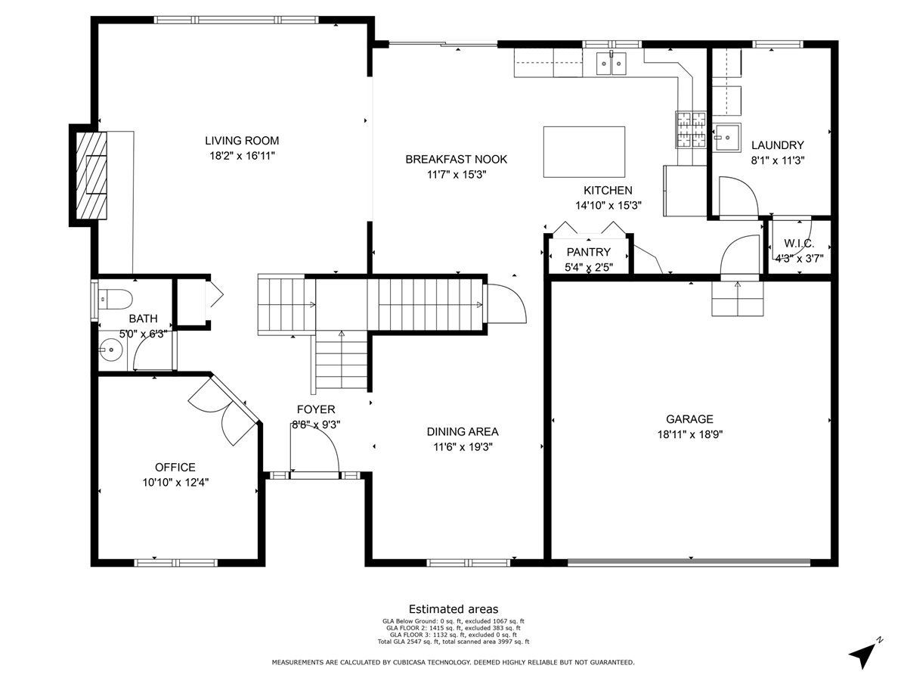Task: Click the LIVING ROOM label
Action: pos(242,141)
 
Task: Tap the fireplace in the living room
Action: pos(91,175)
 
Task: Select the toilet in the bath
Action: pos(115,299)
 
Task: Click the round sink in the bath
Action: pos(111,350)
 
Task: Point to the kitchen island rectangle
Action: pos(584,152)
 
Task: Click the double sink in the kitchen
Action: pos(611,64)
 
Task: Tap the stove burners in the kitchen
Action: pos(691,129)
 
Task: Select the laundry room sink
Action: pos(726,137)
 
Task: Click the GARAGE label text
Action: pos(689,419)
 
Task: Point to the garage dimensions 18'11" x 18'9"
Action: pos(689,434)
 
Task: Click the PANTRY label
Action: pos(588,252)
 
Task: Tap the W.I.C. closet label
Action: pos(799,244)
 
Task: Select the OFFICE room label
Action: pos(175,467)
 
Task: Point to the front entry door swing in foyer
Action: pos(314,452)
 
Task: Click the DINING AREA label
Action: pos(463,431)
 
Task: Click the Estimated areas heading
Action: pos(453,609)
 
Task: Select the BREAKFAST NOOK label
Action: pos(456,159)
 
